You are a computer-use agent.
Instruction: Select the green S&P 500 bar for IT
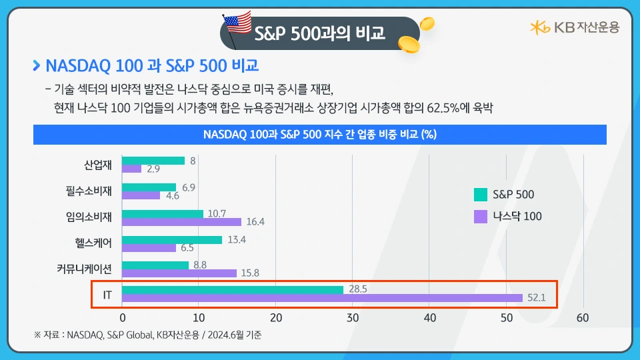click(x=233, y=290)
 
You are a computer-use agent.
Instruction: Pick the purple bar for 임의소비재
click(x=182, y=222)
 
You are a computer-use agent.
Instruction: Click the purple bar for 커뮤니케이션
click(x=179, y=273)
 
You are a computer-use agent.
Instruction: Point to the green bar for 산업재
click(x=153, y=161)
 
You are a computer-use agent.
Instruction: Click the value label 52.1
click(x=537, y=299)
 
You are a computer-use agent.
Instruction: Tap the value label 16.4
click(x=255, y=222)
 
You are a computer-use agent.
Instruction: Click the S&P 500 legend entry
click(x=504, y=195)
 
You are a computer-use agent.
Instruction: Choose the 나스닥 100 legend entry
click(x=508, y=216)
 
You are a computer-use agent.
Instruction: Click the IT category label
click(x=107, y=294)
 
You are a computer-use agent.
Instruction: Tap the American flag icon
click(x=237, y=25)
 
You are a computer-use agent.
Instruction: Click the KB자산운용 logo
click(x=574, y=27)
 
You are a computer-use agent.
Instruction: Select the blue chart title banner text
click(x=319, y=134)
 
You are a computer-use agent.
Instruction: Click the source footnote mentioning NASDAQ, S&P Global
click(x=147, y=335)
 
